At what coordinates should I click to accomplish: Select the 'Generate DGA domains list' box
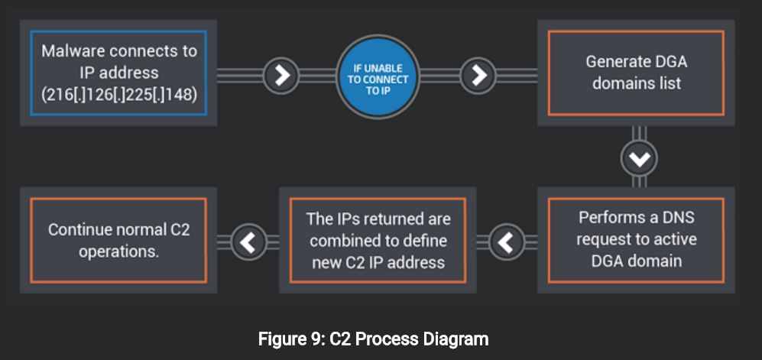coord(636,73)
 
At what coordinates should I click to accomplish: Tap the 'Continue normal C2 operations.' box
coord(118,240)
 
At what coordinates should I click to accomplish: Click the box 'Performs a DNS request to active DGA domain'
coord(636,239)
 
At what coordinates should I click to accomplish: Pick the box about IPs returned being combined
coord(378,240)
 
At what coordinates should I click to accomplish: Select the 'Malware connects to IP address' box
coord(118,73)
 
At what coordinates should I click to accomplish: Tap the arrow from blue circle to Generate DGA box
coord(479,74)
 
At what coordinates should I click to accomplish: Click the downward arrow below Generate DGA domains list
coord(639,158)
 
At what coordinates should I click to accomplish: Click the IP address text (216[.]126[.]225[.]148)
coord(118,95)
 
